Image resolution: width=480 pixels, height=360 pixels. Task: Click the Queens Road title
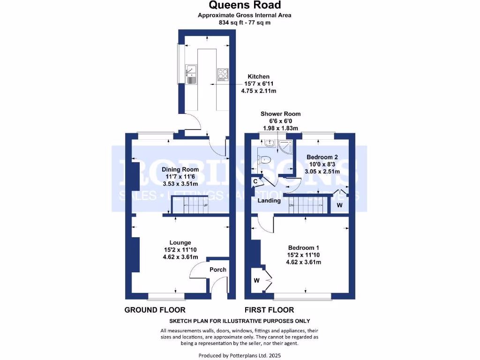pos(244,5)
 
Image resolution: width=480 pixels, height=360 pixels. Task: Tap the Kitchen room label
pos(259,76)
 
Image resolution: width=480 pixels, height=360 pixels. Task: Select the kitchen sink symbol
pos(191,74)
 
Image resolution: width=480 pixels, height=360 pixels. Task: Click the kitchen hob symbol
pos(223,74)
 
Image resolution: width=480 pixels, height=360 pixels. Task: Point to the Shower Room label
pos(280,114)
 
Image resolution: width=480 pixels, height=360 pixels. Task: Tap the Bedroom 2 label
pos(322,157)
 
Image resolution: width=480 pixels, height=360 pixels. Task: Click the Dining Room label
pos(180,169)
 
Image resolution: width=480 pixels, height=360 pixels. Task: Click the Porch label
pos(218,270)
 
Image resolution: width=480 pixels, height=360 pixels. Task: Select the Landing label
pos(269,201)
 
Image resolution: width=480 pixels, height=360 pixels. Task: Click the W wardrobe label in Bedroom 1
pos(256,280)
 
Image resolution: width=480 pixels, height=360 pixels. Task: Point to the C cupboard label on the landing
pos(255,181)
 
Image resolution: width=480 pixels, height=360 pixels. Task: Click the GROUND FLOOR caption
pos(155,310)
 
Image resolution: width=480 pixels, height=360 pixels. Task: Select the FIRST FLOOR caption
pos(269,310)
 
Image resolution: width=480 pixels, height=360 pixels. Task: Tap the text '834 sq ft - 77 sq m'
pos(244,22)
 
